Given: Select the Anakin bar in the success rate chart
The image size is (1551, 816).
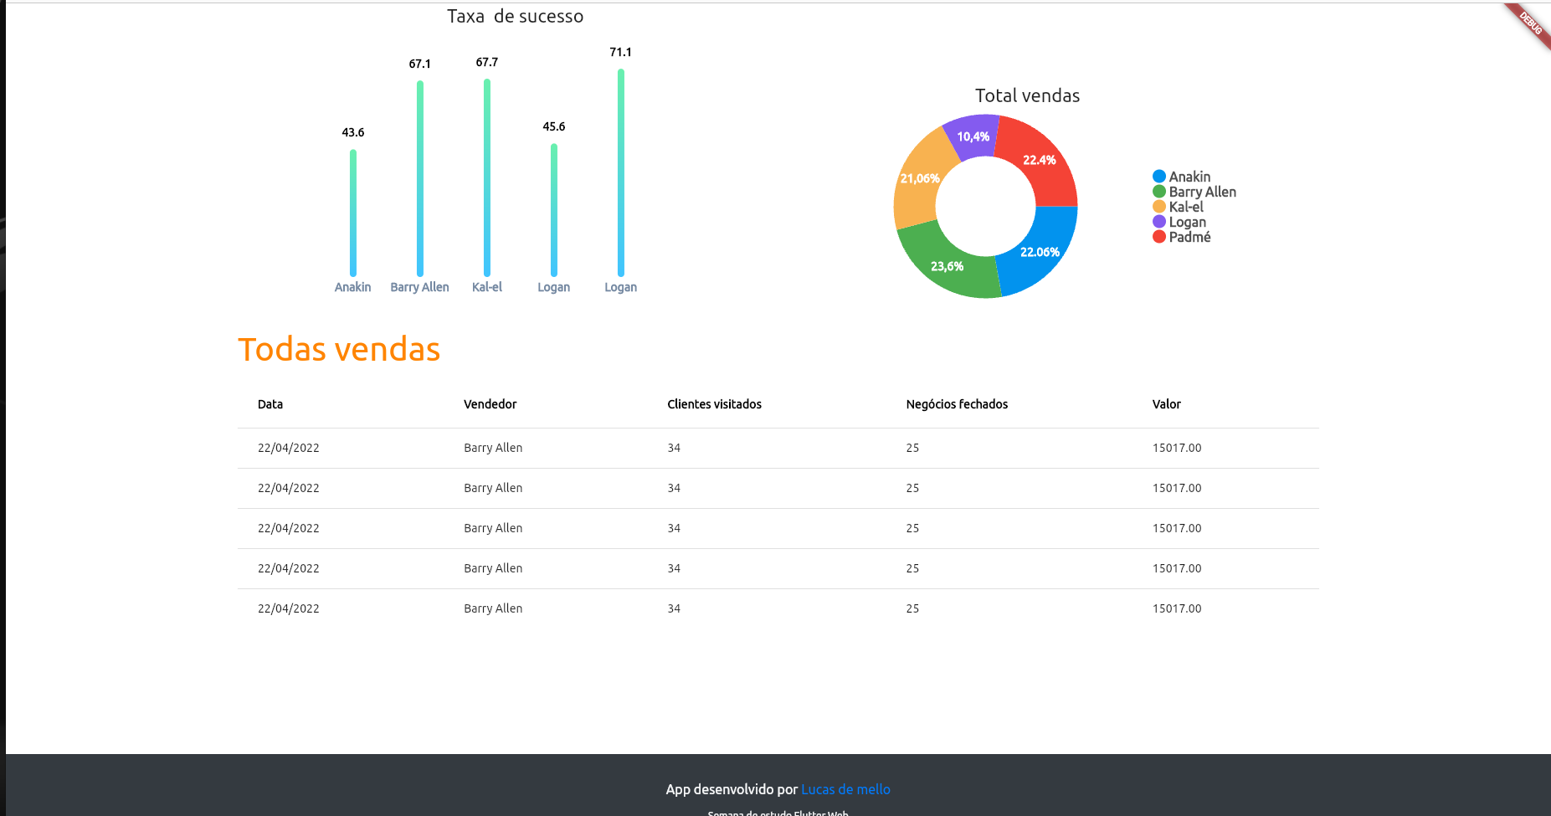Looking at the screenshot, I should (353, 213).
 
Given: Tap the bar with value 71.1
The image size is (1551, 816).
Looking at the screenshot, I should (621, 172).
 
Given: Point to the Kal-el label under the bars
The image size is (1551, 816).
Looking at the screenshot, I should (487, 287).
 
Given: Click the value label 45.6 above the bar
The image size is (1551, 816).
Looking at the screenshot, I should (553, 126).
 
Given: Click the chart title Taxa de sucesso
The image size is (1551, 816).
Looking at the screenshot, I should (515, 17).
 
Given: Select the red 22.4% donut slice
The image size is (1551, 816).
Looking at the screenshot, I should (1039, 160).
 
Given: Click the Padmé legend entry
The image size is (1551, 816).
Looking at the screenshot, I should (1189, 237).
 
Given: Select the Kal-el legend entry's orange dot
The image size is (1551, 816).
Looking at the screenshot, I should (1159, 207).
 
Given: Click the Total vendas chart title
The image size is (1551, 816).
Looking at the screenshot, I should (1027, 96).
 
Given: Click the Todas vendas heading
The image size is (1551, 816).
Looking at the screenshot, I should (339, 350).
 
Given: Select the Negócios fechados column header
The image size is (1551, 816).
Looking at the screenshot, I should (957, 404).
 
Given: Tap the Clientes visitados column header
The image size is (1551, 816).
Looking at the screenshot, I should (714, 404).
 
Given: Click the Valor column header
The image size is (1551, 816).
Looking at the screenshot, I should (1166, 404).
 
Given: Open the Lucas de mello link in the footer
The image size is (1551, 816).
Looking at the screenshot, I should (845, 789).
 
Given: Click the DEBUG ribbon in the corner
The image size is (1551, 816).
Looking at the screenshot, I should (1530, 23).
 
